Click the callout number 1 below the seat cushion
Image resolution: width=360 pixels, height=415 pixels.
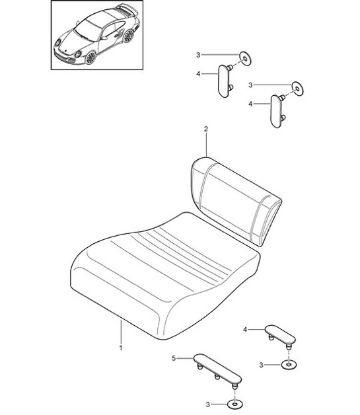coord(120,346)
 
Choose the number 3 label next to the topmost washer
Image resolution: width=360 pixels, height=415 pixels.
coord(197,55)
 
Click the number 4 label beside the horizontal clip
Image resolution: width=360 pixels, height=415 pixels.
coord(246,328)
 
